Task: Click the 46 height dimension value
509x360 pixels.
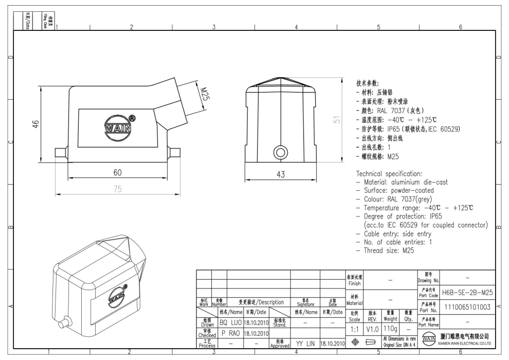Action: (35, 124)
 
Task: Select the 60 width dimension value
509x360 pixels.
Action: (117, 172)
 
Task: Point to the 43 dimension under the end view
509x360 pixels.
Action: (281, 174)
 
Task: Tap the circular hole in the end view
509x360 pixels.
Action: (281, 152)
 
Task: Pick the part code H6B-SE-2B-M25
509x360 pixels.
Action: (468, 292)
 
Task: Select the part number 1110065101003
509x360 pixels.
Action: (468, 307)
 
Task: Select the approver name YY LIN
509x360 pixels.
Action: (305, 343)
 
